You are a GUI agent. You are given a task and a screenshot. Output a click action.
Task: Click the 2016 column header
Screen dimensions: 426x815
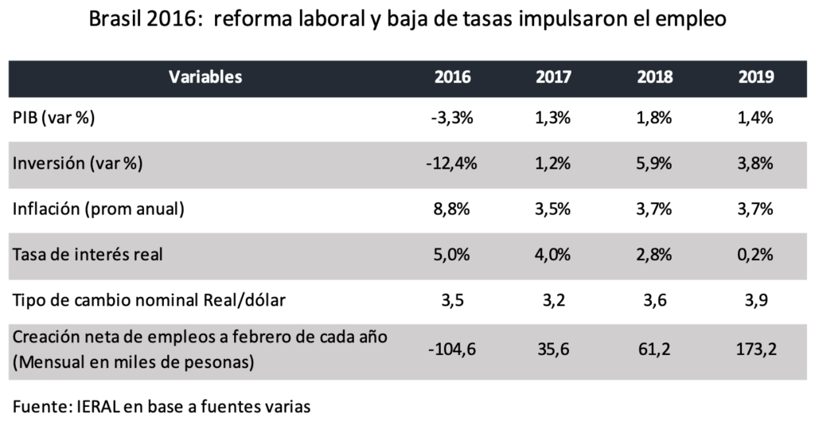(452, 78)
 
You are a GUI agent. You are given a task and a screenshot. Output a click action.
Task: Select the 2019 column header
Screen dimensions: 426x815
(756, 78)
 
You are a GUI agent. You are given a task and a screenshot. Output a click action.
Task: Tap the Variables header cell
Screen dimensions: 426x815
(205, 78)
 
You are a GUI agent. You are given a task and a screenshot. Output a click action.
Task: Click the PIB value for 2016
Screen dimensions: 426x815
(452, 119)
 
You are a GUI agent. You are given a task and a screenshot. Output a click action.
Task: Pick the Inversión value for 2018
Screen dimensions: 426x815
(654, 163)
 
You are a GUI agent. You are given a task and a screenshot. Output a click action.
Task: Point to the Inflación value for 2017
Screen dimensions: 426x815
(552, 209)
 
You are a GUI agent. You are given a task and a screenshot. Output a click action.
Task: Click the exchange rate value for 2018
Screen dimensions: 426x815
(654, 300)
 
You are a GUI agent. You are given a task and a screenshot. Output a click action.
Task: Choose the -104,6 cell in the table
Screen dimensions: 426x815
(452, 349)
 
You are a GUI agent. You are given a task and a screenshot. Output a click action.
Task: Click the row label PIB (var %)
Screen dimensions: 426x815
(54, 119)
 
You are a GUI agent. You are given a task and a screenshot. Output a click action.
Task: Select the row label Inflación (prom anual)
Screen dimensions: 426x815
(99, 209)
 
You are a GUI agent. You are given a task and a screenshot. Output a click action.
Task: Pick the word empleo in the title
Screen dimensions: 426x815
(688, 20)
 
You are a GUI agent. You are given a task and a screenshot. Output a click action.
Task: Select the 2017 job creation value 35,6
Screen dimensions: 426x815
(552, 349)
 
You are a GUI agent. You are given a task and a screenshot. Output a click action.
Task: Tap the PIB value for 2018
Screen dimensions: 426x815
(654, 119)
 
